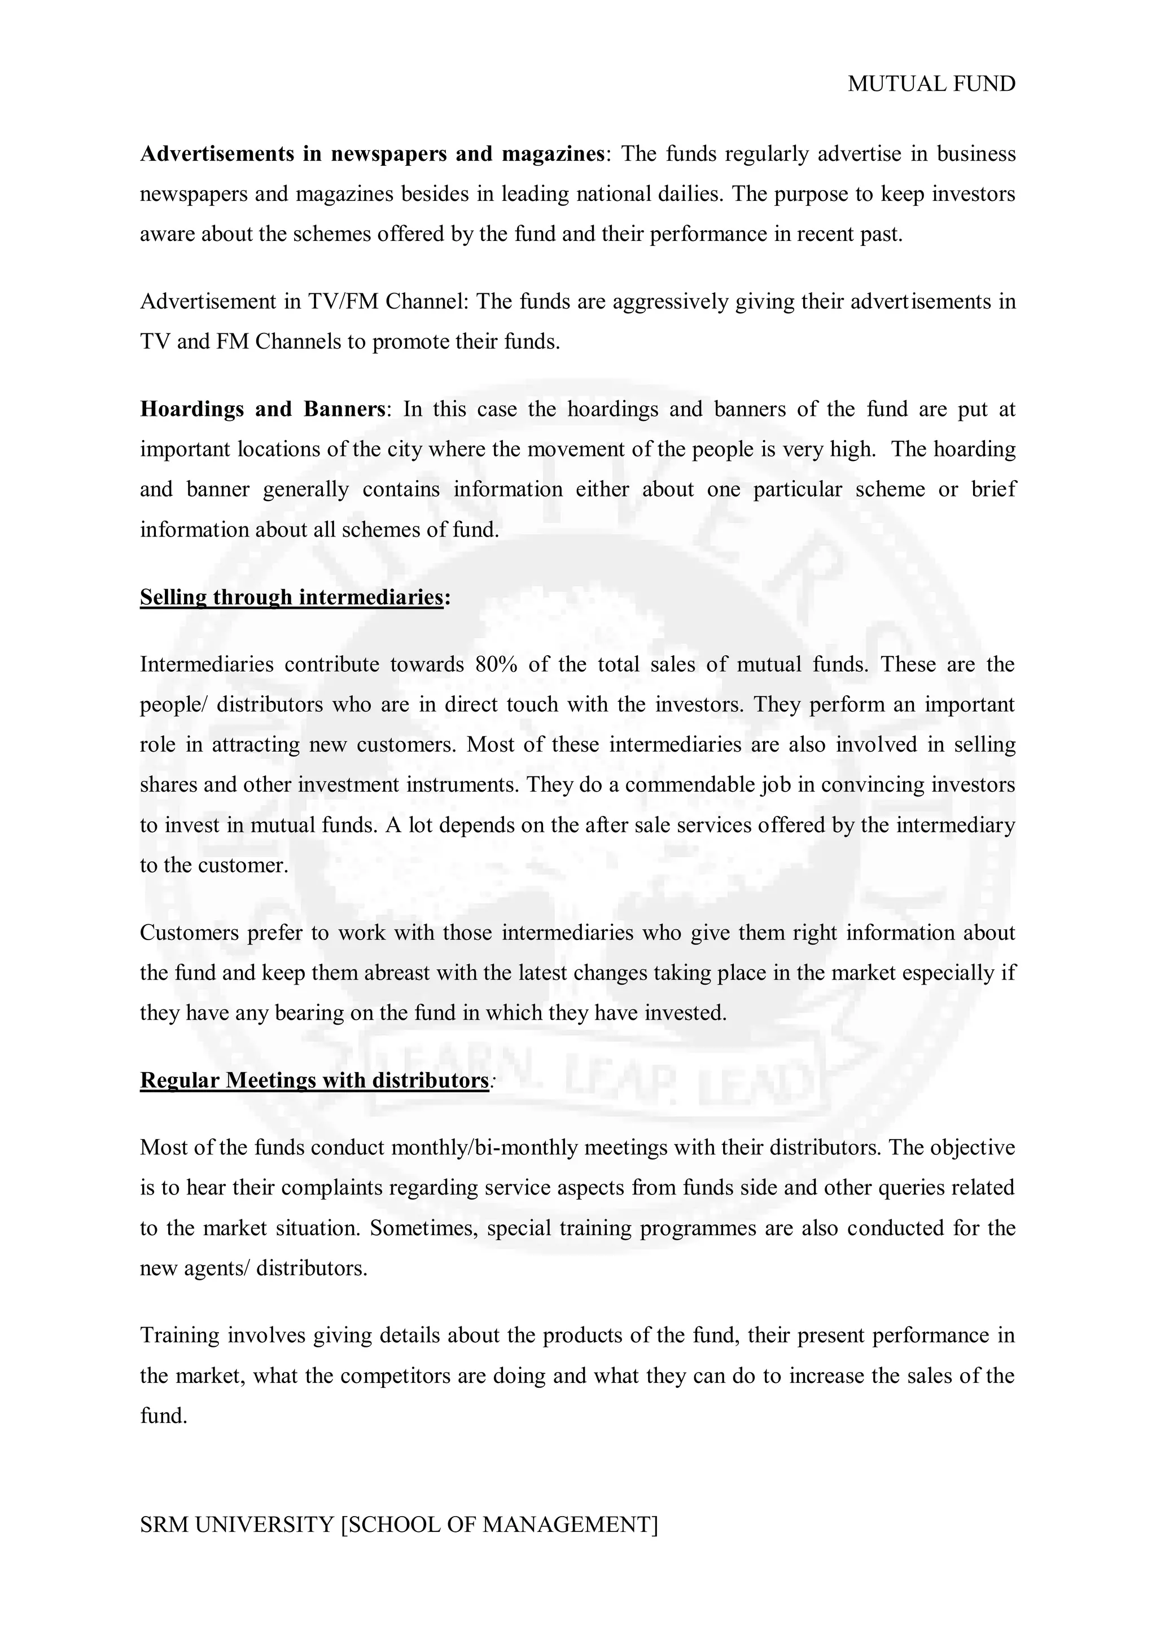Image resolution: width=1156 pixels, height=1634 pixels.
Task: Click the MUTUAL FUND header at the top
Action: coord(931,84)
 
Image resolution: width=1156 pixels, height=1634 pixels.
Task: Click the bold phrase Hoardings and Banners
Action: coord(262,409)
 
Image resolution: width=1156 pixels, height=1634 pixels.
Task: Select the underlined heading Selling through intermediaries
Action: coord(292,597)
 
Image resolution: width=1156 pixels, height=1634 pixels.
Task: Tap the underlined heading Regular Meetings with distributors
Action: coord(314,1080)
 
